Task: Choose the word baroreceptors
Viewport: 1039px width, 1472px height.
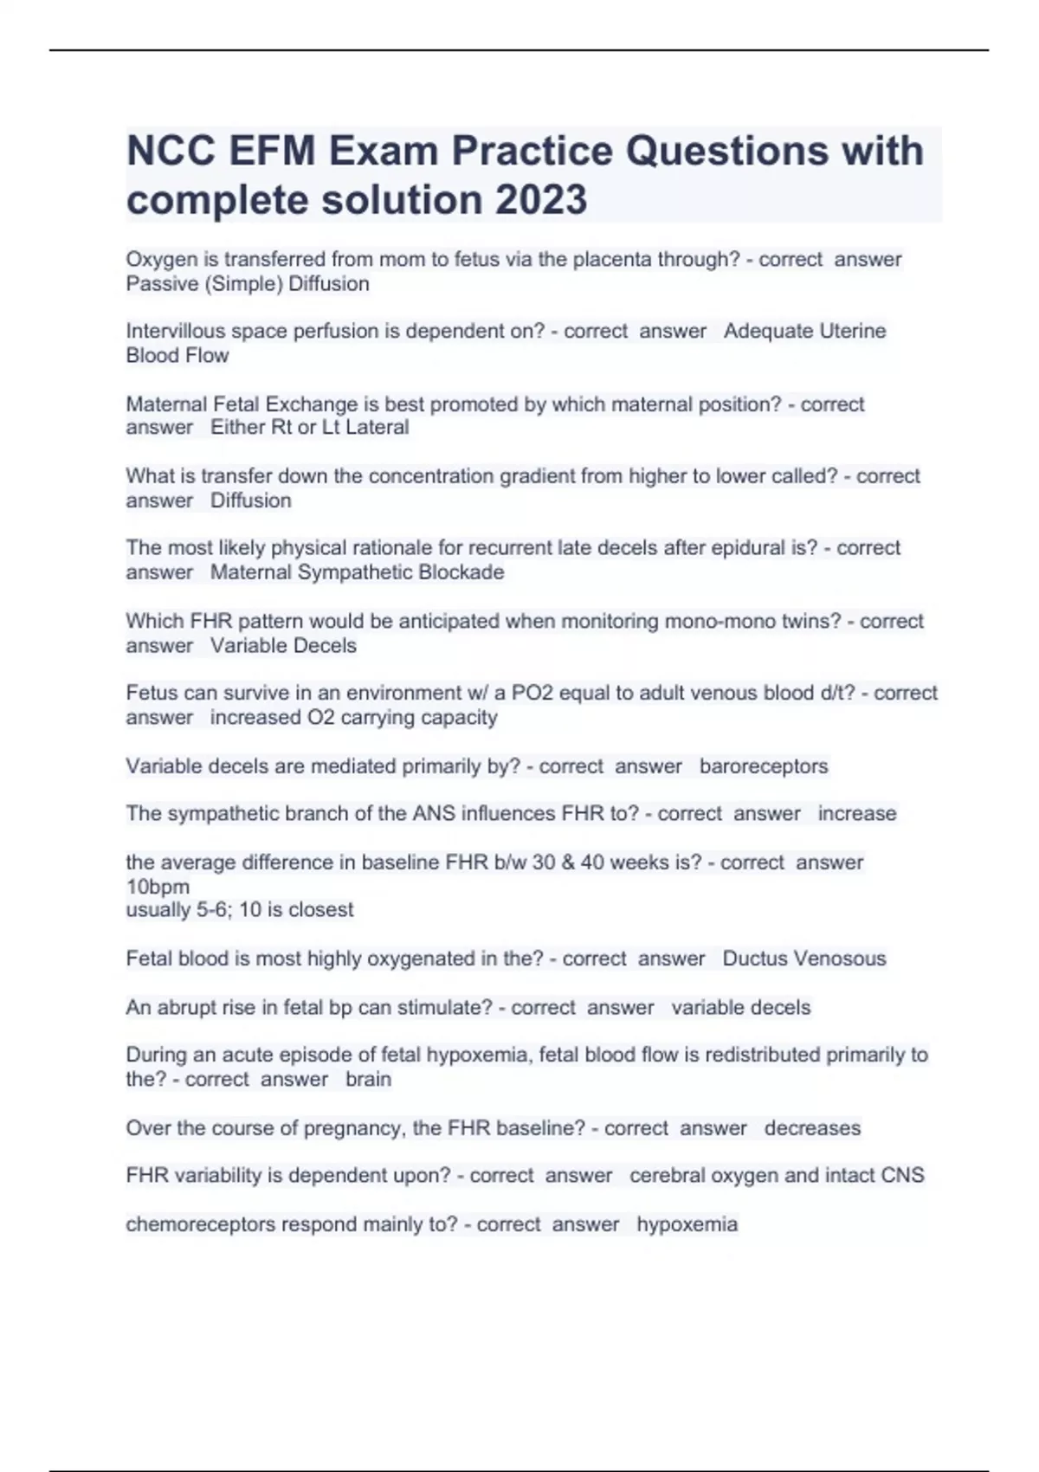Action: (763, 766)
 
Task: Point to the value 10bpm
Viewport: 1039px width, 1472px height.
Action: (158, 887)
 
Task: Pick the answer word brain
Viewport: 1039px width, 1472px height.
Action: (368, 1080)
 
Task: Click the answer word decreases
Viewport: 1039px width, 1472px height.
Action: (812, 1128)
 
